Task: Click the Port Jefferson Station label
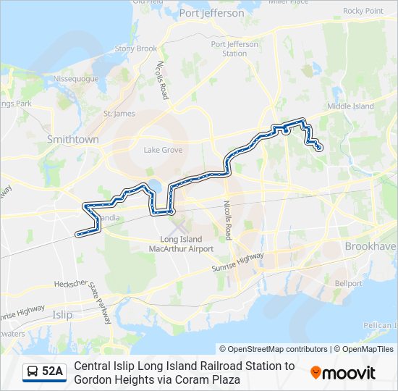pos(234,49)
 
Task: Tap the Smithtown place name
pos(72,138)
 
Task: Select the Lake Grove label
pos(163,150)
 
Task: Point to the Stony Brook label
pos(135,49)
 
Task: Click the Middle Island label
pos(350,106)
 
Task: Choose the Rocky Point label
pos(363,11)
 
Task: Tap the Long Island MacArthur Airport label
pos(187,244)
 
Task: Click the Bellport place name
pos(349,283)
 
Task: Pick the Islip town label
pos(63,314)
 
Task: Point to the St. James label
pos(119,114)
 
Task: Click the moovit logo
pos(343,373)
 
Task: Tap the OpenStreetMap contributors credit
pos(274,349)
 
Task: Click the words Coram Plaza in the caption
pos(211,379)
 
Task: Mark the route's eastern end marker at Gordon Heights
pos(320,148)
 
